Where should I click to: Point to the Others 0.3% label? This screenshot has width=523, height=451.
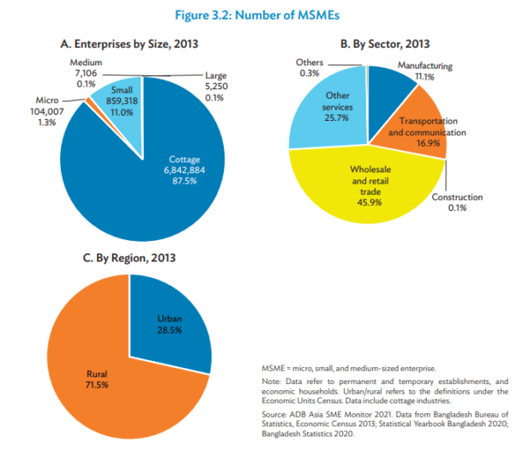point(310,68)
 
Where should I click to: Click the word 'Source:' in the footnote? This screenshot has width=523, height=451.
point(274,413)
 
